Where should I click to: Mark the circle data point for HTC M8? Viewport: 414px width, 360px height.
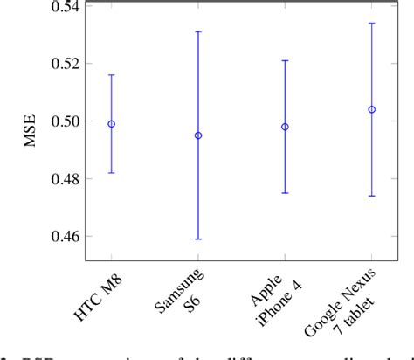[x=111, y=124]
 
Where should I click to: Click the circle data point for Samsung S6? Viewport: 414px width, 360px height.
[x=198, y=135]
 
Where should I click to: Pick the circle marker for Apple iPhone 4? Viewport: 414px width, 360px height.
[x=285, y=127]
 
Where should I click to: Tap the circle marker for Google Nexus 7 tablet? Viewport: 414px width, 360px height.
[x=372, y=109]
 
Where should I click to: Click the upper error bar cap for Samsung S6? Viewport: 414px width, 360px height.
[x=198, y=31]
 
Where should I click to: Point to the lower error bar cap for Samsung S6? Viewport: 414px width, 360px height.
[x=198, y=239]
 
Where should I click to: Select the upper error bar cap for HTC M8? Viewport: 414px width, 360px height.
[x=111, y=75]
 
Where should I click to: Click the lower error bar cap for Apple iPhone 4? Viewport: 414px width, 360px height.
[x=285, y=193]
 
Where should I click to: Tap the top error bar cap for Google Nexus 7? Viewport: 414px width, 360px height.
[x=372, y=23]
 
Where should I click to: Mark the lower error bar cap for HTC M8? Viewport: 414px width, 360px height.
[x=111, y=173]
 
